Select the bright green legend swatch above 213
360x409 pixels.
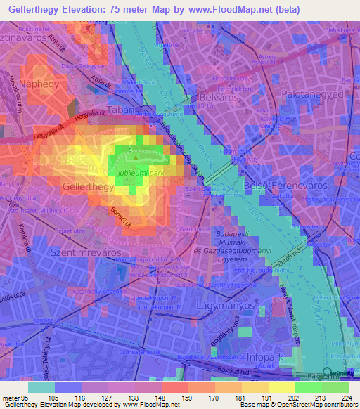tap(309, 387)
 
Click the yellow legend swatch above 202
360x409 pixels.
tap(281, 387)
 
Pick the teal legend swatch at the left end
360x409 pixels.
tap(41, 387)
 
